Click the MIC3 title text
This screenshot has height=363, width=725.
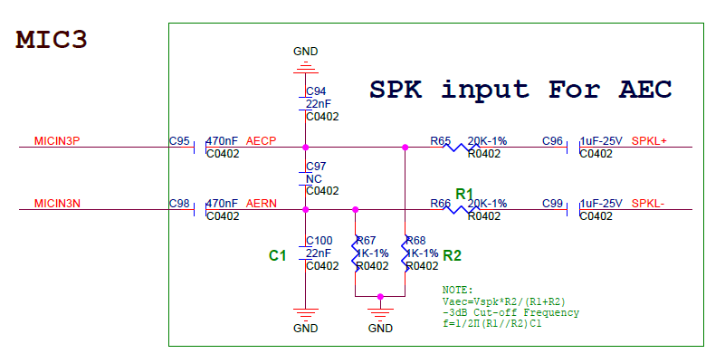point(52,40)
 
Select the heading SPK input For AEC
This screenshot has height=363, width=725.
point(520,90)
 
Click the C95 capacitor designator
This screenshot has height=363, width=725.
point(179,141)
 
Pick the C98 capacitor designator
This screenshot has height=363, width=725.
point(179,204)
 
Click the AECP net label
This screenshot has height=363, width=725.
point(261,141)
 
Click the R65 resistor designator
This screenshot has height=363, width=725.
point(441,141)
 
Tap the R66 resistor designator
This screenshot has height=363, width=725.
point(441,204)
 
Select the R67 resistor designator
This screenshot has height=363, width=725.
point(367,240)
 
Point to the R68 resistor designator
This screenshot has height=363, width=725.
point(416,240)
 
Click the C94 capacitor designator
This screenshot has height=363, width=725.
point(316,92)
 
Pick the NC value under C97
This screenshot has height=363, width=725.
point(313,179)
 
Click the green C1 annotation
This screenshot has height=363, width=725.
point(277,256)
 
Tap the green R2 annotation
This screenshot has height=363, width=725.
point(453,255)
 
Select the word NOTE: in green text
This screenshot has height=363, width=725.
point(458,290)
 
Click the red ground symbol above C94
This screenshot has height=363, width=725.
point(306,67)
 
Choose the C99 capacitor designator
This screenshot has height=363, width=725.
point(552,204)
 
